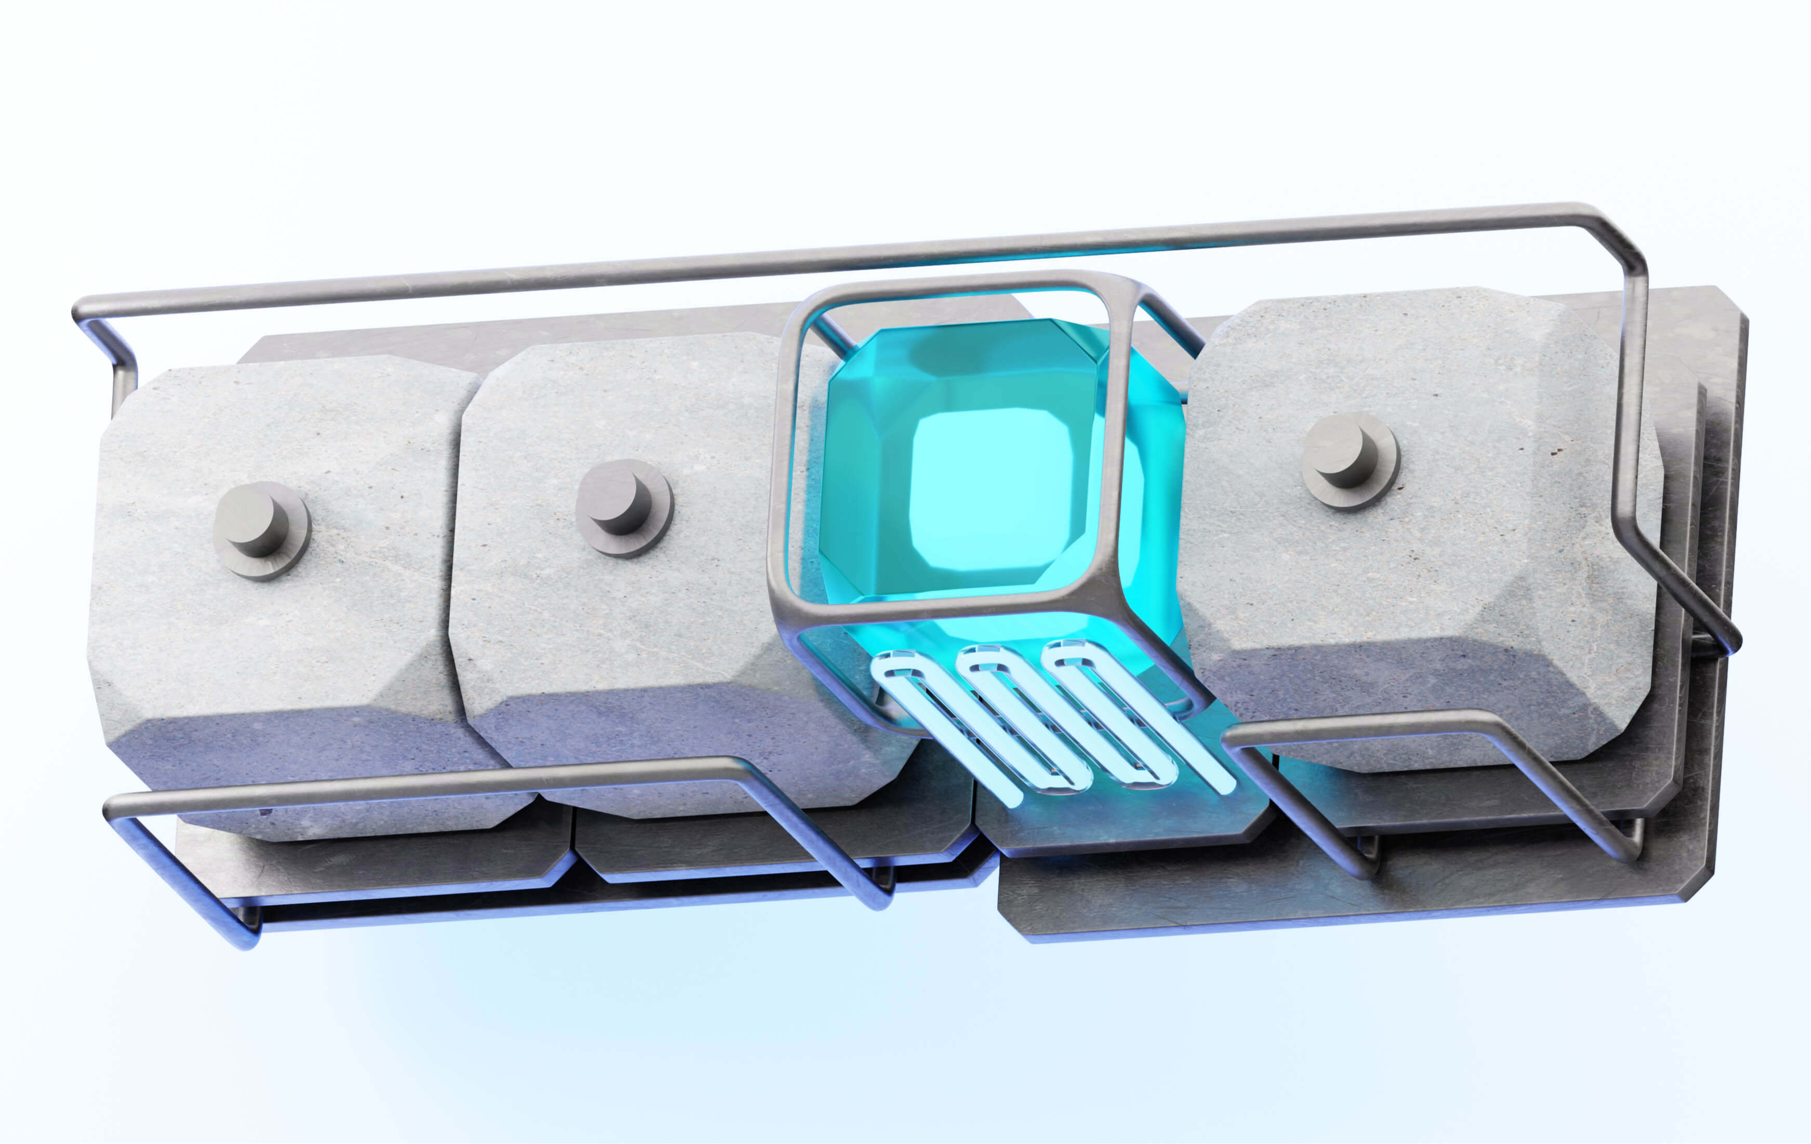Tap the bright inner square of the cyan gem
[991, 489]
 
